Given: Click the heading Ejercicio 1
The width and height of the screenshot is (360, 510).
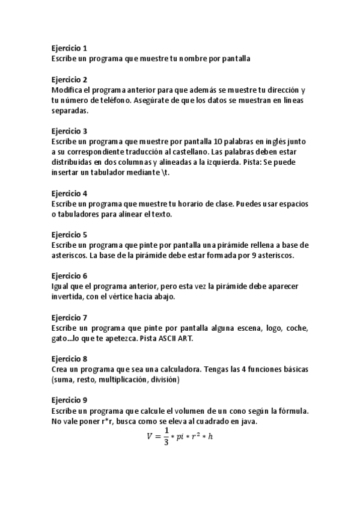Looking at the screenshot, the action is click(69, 48).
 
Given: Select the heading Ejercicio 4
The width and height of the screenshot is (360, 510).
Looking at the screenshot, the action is click(69, 193).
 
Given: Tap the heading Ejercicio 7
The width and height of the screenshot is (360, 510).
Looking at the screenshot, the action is click(69, 317).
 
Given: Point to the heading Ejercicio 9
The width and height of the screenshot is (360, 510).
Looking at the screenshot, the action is click(69, 400).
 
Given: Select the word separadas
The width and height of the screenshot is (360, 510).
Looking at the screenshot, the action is click(70, 111).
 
